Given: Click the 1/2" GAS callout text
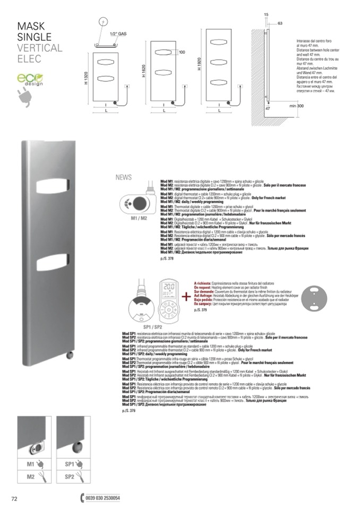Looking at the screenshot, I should point(118,33).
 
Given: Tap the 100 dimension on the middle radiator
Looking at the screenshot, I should point(182,52).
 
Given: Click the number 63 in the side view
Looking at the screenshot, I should point(279,23).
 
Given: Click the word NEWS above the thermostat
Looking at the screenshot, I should point(123,178).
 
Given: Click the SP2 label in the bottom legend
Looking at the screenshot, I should point(70,477).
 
